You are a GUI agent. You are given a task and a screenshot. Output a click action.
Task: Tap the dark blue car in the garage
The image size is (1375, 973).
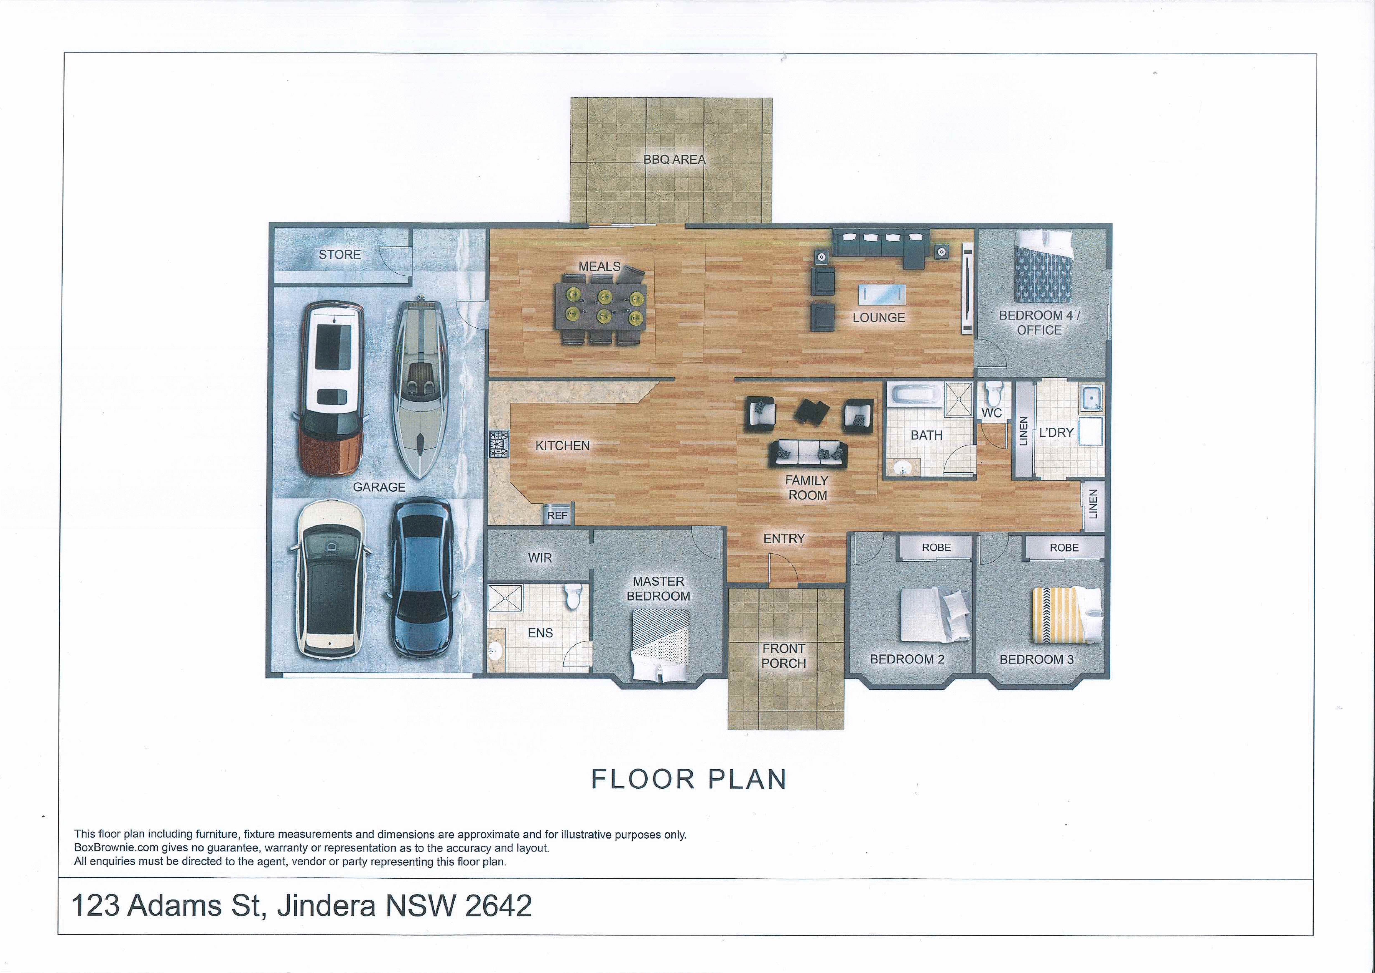pyautogui.click(x=421, y=578)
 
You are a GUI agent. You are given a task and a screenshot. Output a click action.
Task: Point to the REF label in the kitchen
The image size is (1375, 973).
pyautogui.click(x=557, y=515)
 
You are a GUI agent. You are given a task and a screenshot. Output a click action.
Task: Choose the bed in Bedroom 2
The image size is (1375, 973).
pyautogui.click(x=934, y=614)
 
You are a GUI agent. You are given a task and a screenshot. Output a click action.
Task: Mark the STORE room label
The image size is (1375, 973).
pyautogui.click(x=340, y=255)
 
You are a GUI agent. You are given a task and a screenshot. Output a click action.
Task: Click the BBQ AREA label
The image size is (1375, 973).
pyautogui.click(x=674, y=159)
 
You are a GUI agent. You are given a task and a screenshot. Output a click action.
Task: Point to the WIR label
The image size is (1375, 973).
pyautogui.click(x=540, y=558)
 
